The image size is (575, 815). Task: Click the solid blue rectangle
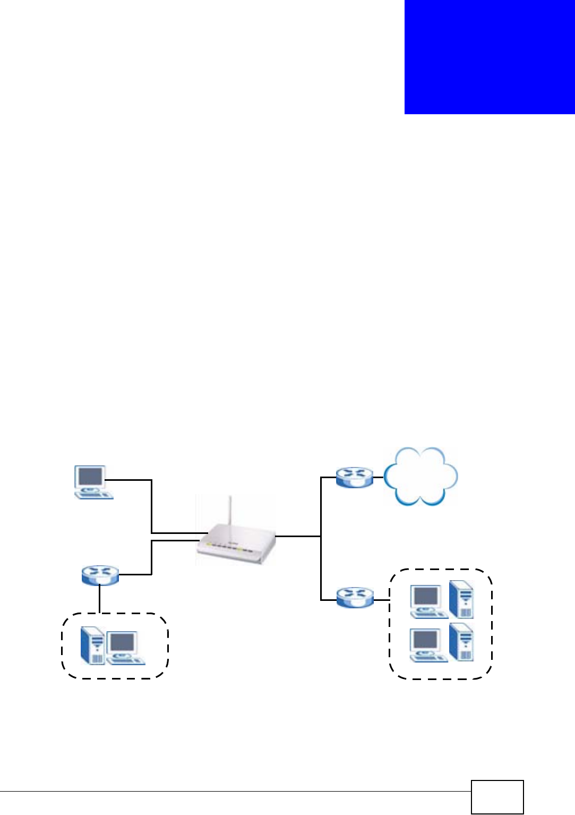(489, 57)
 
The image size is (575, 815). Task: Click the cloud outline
(420, 476)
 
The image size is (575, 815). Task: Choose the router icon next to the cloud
(355, 478)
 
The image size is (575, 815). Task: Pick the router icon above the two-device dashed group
(100, 575)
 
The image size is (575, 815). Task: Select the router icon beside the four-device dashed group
(355, 597)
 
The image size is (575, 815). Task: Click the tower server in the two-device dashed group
(92, 646)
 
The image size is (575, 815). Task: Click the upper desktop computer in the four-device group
(428, 601)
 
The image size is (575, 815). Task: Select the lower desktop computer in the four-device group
(428, 645)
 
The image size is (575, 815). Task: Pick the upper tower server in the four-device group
(461, 599)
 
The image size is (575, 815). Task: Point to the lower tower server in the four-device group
(461, 642)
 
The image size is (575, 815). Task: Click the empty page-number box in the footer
(497, 796)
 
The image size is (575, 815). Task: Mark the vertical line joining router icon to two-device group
(100, 599)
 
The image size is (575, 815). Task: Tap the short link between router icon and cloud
(378, 478)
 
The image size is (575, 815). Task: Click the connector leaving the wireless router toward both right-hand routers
(297, 536)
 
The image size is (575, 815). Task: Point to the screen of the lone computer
(90, 476)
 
